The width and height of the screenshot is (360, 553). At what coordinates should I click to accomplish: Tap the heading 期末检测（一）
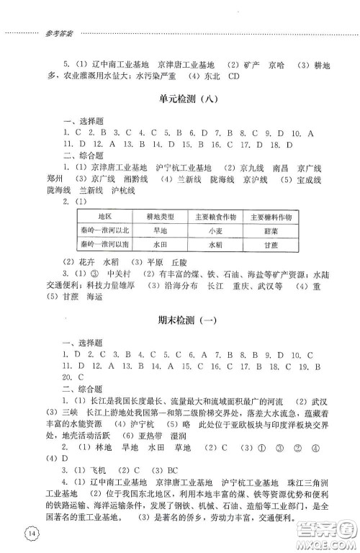180,320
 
